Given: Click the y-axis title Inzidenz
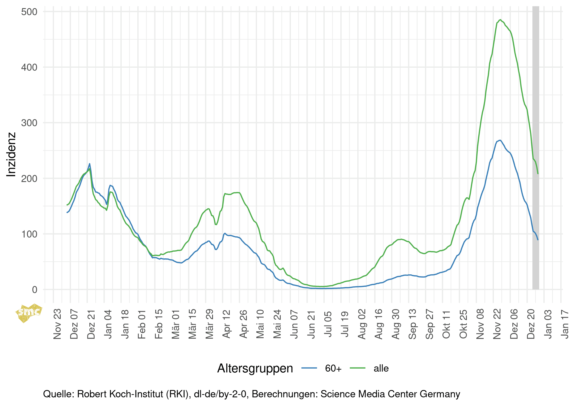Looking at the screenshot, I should pyautogui.click(x=11, y=154).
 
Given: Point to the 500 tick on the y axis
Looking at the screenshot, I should pyautogui.click(x=29, y=12).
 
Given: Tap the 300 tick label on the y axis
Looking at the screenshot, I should pyautogui.click(x=29, y=123).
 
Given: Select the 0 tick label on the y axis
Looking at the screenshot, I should pyautogui.click(x=34, y=290).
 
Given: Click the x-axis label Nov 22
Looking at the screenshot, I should pyautogui.click(x=497, y=324).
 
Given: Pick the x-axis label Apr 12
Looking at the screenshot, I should pyautogui.click(x=226, y=324).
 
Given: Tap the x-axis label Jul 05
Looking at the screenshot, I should pyautogui.click(x=328, y=324).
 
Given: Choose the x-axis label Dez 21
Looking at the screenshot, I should pyautogui.click(x=91, y=324).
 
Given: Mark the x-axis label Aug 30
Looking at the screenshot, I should pyautogui.click(x=396, y=324).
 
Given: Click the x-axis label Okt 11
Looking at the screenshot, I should pyautogui.click(x=446, y=324).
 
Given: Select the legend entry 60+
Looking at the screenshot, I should pyautogui.click(x=333, y=368).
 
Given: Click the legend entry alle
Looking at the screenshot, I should pyautogui.click(x=381, y=368).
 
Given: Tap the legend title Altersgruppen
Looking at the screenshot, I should pyautogui.click(x=255, y=368).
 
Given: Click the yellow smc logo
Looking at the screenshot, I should pyautogui.click(x=28, y=313).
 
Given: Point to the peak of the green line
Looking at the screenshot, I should pyautogui.click(x=500, y=20).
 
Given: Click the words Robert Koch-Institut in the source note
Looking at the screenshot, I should pyautogui.click(x=133, y=394).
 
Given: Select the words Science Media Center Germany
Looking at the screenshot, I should pyautogui.click(x=390, y=394).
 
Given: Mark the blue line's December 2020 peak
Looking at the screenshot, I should pyautogui.click(x=90, y=164).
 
